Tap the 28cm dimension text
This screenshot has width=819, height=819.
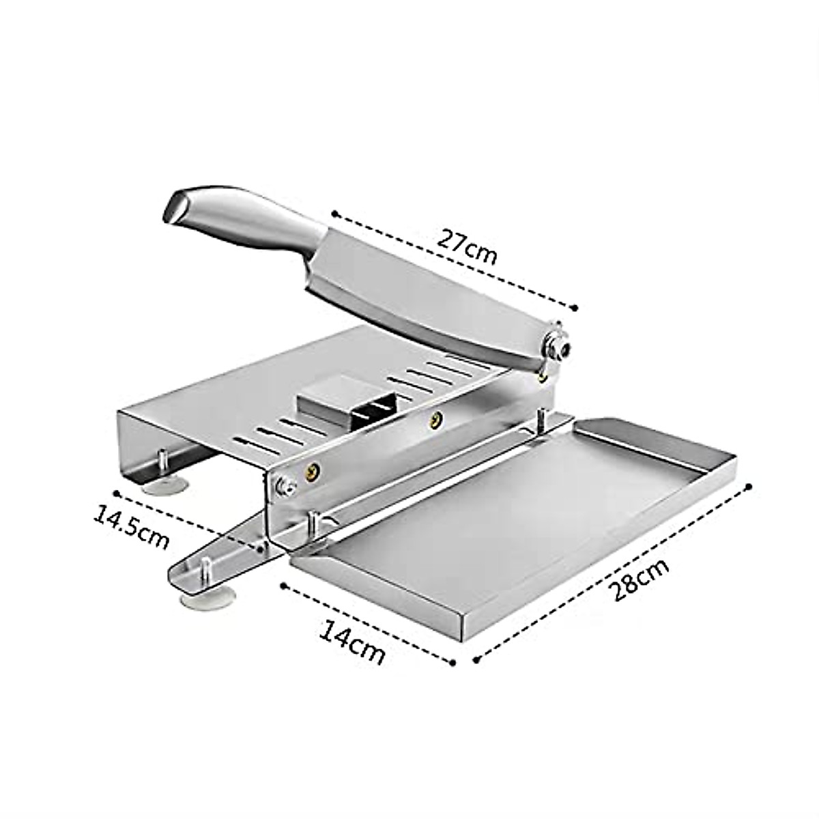(x=638, y=579)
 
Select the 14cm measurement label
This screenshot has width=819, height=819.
(x=352, y=644)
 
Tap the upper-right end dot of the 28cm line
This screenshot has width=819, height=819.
(x=749, y=486)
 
